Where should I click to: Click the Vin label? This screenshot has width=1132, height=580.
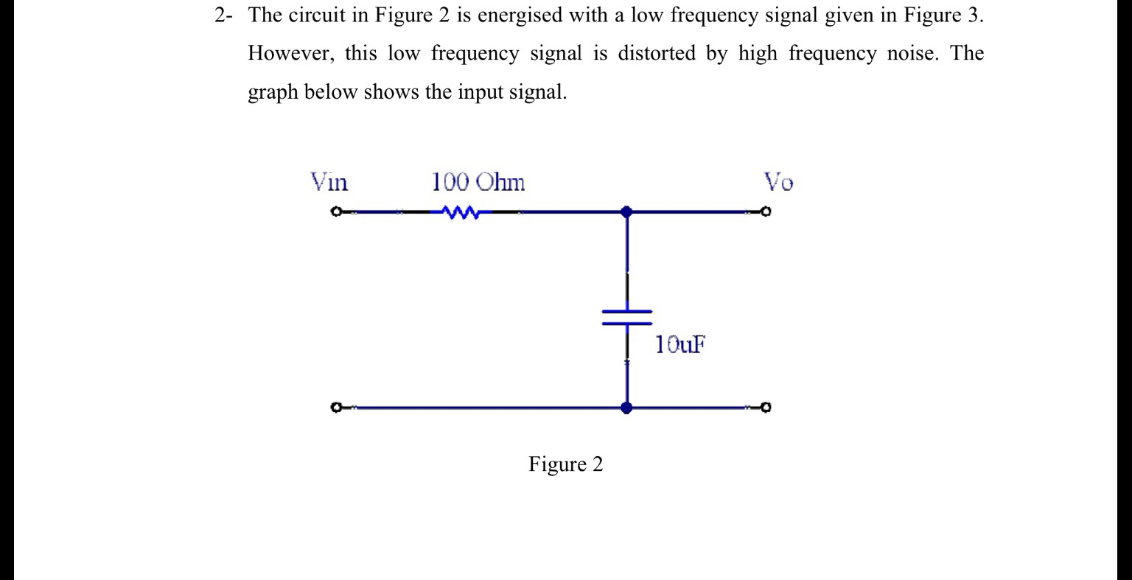(329, 181)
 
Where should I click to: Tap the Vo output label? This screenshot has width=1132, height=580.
(778, 181)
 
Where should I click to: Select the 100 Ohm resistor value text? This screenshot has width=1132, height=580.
(478, 181)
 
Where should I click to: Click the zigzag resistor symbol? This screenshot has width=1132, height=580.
(461, 212)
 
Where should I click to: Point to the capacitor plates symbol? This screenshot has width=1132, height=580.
(627, 317)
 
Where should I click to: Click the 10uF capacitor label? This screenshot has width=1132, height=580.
(679, 344)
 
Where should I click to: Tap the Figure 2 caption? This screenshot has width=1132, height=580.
(565, 464)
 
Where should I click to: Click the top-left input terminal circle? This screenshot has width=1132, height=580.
(336, 212)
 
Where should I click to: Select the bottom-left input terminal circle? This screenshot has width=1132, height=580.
(336, 407)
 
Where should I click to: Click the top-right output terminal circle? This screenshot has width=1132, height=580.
(766, 212)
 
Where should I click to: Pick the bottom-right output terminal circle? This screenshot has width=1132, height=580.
(766, 407)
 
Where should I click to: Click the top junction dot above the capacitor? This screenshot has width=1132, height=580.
(626, 212)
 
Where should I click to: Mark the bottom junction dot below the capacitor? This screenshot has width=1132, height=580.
(626, 407)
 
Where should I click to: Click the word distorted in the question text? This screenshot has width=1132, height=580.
(656, 54)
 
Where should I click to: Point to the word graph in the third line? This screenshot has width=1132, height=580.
(273, 93)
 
